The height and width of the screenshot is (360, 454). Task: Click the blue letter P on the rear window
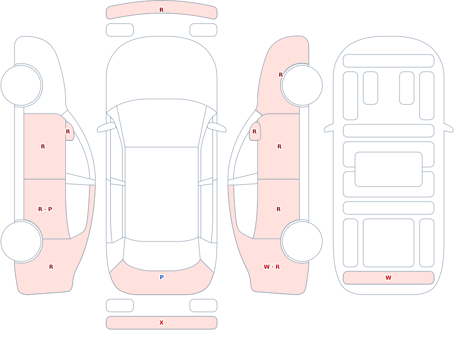pyautogui.click(x=162, y=277)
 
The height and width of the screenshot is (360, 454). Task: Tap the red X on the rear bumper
pyautogui.click(x=161, y=323)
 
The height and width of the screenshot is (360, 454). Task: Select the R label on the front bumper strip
pyautogui.click(x=161, y=10)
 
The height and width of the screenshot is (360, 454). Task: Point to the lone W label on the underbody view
pyautogui.click(x=388, y=278)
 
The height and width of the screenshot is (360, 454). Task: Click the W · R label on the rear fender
pyautogui.click(x=271, y=267)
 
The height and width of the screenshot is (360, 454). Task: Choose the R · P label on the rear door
pyautogui.click(x=45, y=209)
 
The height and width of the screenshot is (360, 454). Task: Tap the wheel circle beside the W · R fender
pyautogui.click(x=302, y=241)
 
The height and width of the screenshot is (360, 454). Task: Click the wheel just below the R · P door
pyautogui.click(x=21, y=241)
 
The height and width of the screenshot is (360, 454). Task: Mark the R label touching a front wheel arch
pyautogui.click(x=281, y=75)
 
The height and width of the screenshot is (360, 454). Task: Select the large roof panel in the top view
pyautogui.click(x=162, y=194)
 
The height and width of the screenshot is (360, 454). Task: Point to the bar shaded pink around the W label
pyautogui.click(x=389, y=278)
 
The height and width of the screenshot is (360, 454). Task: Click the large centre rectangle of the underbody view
pyautogui.click(x=389, y=169)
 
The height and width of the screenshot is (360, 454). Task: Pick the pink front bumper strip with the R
pyautogui.click(x=162, y=10)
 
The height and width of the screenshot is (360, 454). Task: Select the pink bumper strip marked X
pyautogui.click(x=162, y=323)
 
